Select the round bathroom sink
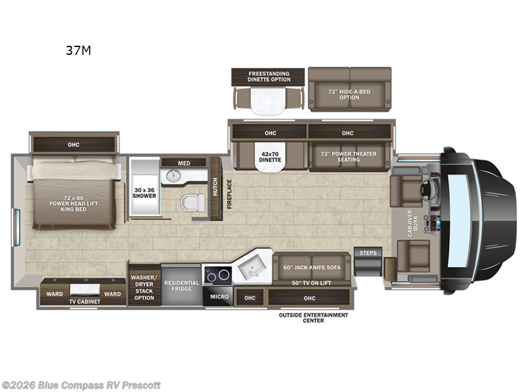(174, 176)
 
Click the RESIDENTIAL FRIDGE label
(181, 286)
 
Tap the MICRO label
(219, 297)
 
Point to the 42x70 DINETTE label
(271, 156)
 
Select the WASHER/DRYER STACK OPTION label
(144, 286)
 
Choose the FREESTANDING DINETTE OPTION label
(268, 76)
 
